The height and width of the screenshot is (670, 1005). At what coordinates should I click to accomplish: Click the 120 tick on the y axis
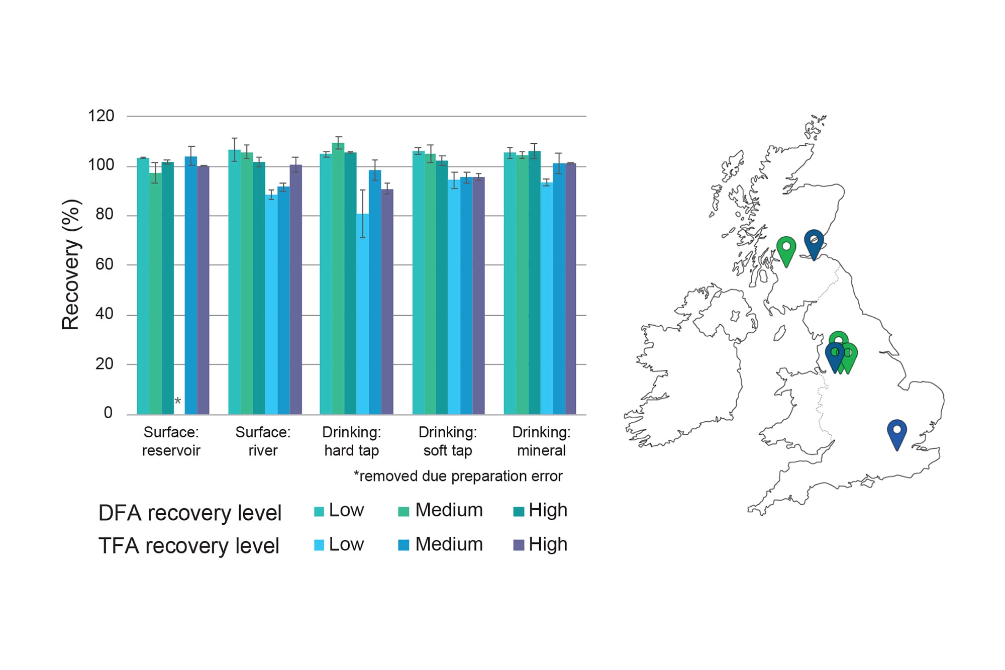[101, 116]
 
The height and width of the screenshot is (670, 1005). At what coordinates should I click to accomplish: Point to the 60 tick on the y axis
[104, 264]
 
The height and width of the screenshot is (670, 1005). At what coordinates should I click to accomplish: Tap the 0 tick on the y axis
[108, 413]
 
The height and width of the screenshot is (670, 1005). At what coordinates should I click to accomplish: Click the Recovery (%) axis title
[71, 264]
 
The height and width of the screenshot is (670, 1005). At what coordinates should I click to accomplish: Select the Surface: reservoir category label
[171, 441]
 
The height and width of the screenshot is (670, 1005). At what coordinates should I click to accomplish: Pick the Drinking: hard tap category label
[351, 441]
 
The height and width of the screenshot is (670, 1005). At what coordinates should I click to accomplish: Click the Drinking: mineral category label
[541, 441]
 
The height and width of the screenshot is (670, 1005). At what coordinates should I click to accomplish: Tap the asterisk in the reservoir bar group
[177, 402]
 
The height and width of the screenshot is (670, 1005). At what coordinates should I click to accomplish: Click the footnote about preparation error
[458, 476]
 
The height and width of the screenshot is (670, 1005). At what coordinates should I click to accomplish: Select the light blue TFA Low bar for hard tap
[363, 314]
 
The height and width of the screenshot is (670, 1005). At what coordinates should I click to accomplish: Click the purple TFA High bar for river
[295, 289]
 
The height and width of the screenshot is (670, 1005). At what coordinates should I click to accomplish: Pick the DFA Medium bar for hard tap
[338, 279]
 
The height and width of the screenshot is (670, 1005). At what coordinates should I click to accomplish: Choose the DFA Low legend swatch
[319, 512]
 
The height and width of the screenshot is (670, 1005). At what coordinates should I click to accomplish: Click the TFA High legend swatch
[518, 545]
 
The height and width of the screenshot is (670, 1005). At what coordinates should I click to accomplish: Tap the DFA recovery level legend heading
[189, 513]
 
